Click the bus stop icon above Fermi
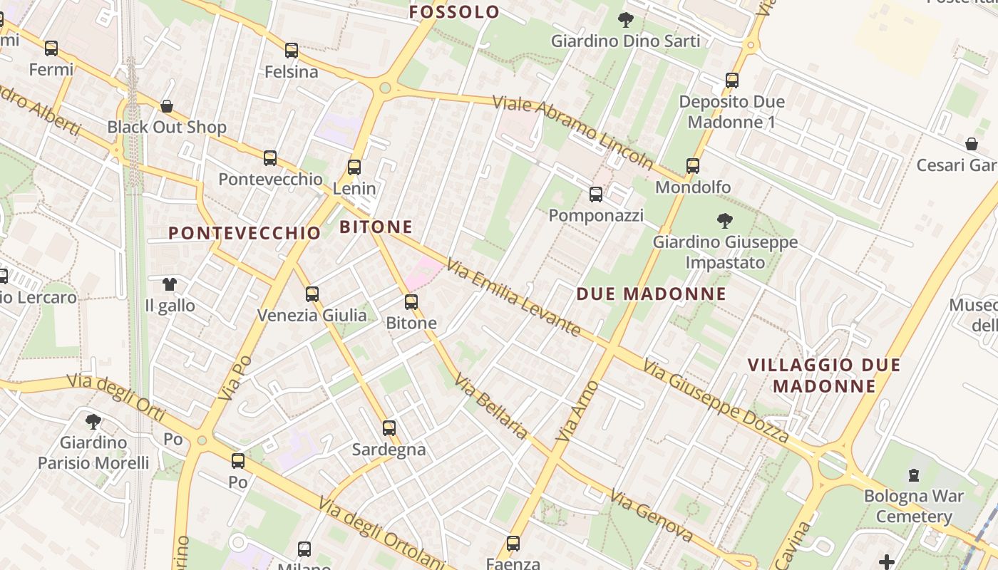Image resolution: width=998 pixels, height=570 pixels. [x=51, y=48]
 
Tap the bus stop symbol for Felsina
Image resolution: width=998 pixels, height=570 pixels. [x=292, y=51]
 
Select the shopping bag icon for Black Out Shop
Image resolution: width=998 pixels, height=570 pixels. [x=167, y=106]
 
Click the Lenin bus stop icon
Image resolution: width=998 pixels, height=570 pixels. [x=354, y=167]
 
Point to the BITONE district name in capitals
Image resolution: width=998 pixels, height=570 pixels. [x=376, y=227]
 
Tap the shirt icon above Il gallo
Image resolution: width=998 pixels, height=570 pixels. [x=169, y=284]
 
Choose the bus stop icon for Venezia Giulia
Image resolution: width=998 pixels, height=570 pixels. [x=312, y=294]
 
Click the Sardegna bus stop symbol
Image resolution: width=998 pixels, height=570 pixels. [x=389, y=428]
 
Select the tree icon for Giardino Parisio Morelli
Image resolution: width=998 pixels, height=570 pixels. [x=93, y=421]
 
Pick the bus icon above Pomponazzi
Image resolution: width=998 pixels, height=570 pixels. [x=596, y=194]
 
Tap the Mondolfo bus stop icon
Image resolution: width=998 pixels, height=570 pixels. [x=693, y=166]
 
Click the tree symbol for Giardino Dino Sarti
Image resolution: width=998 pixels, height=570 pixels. [x=626, y=20]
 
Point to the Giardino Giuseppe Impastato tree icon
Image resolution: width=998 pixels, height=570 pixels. [x=725, y=221]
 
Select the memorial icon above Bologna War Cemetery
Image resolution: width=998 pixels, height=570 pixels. [x=914, y=475]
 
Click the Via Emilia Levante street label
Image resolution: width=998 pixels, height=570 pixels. [x=514, y=297]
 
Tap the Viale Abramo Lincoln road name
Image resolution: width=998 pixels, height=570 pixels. [x=573, y=133]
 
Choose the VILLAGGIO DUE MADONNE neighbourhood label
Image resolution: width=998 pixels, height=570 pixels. [x=824, y=375]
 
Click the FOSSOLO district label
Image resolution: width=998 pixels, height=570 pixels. [x=455, y=11]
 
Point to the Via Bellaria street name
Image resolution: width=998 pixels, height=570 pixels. [x=492, y=407]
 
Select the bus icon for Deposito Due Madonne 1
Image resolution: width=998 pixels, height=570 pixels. [x=732, y=80]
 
